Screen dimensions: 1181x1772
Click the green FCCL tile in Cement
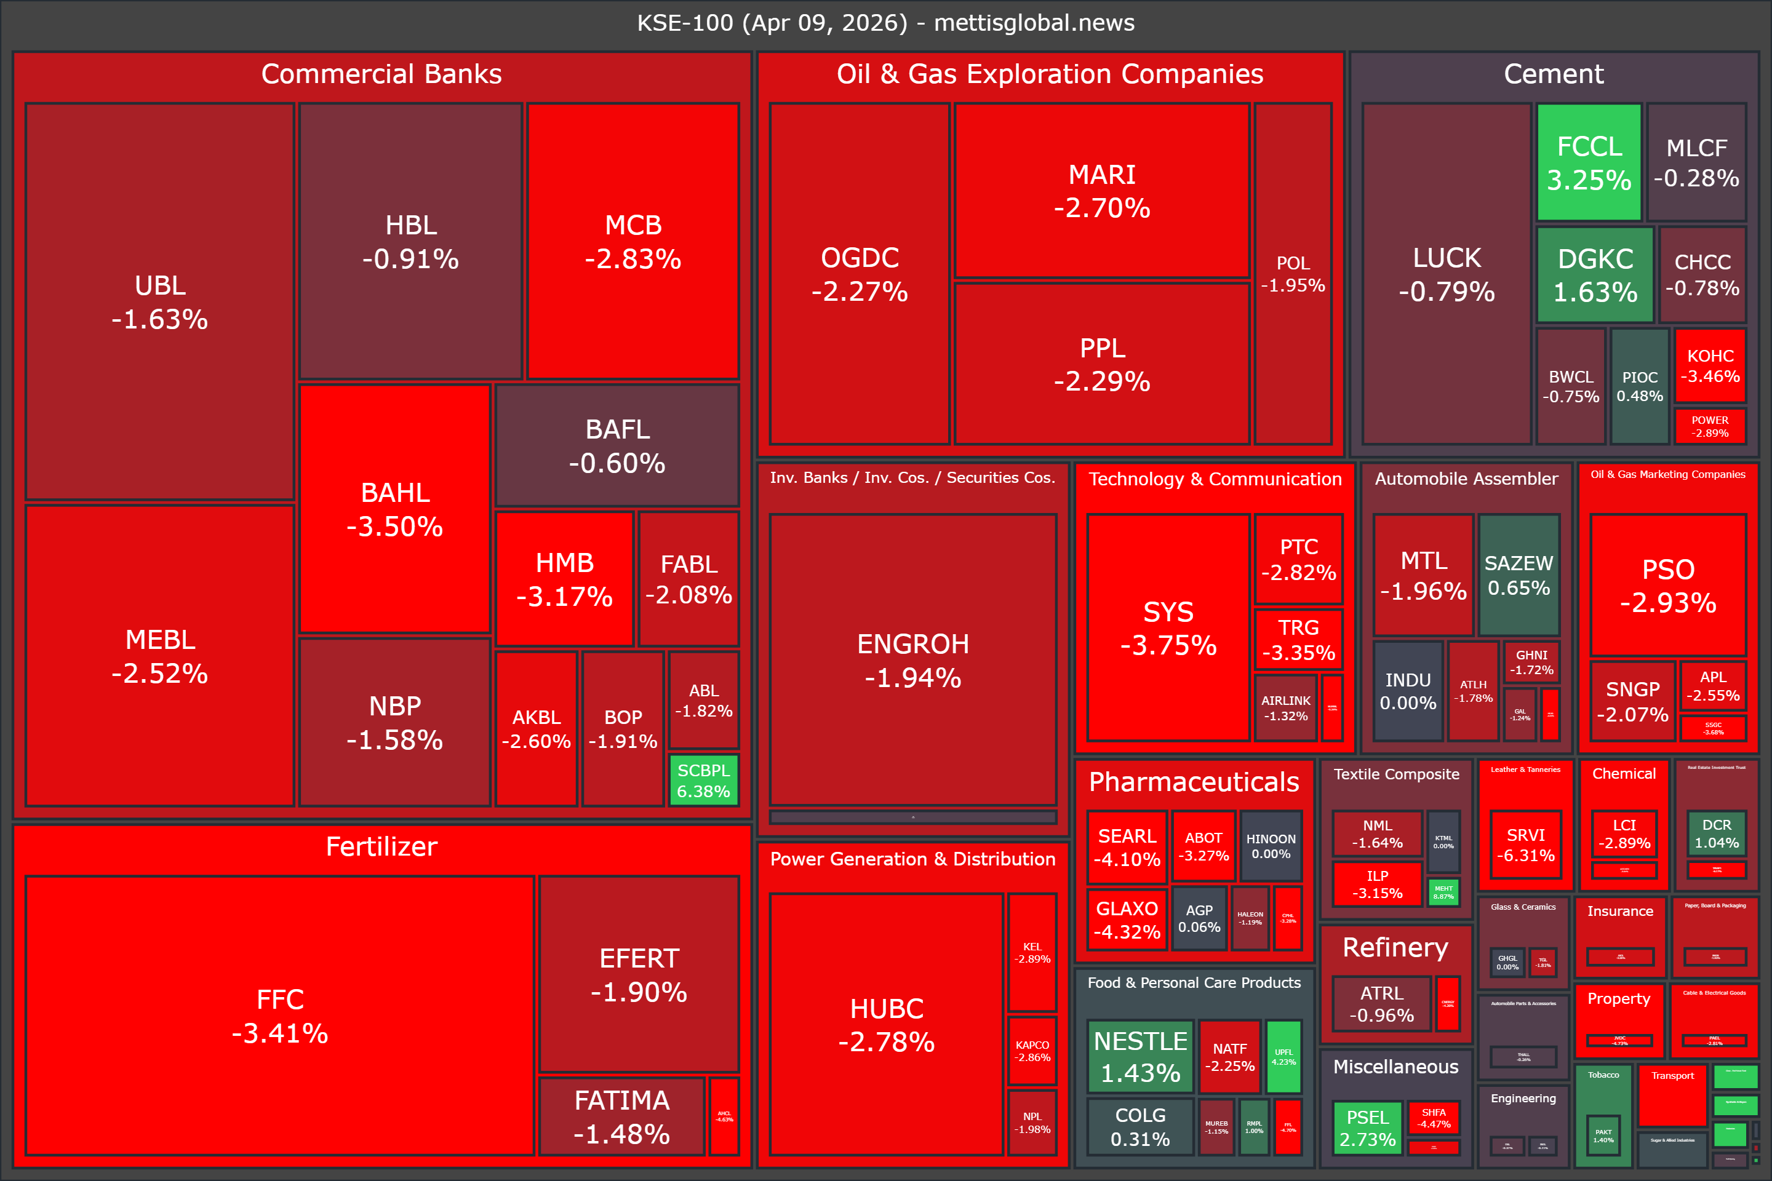1589,162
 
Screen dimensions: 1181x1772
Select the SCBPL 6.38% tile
704,781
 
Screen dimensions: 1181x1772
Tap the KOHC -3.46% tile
1710,366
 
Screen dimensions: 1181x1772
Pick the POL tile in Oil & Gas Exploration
1293,274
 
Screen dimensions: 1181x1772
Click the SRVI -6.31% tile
1526,845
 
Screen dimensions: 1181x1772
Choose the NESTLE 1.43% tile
1140,1056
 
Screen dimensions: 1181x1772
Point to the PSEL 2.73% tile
1367,1127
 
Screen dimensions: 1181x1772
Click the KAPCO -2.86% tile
1032,1051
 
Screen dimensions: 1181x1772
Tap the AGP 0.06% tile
1199,918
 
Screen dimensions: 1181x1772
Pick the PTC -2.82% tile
1299,559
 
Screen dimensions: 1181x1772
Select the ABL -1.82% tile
704,700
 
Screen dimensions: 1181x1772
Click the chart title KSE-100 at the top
885,23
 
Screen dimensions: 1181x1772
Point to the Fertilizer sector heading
381,846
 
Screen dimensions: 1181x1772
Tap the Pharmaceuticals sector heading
1194,782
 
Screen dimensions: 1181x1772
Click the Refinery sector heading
1395,947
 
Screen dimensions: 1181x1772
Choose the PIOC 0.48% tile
1639,386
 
